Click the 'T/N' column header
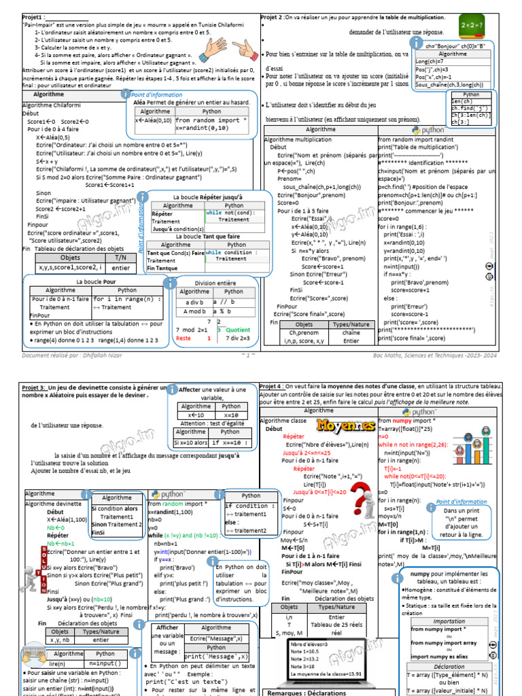pyautogui.click(x=120, y=258)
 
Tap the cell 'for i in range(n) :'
pyautogui.click(x=126, y=299)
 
